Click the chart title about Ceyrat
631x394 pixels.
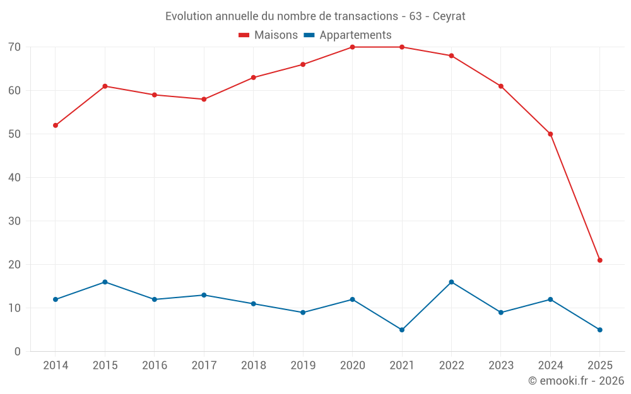315,16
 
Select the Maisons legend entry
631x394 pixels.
268,35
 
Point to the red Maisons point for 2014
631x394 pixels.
56,125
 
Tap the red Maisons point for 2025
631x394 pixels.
600,260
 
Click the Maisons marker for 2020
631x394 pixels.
352,47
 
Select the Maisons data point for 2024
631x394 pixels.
550,134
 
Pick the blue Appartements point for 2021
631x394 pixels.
402,330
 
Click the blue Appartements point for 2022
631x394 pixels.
451,282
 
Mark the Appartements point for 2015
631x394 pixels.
105,282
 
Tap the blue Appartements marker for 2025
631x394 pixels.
600,330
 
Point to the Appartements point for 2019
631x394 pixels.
303,313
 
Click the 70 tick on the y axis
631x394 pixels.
15,47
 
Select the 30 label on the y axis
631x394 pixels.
15,221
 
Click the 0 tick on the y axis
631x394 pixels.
18,352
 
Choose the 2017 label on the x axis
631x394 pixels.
204,366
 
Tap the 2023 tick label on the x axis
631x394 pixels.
501,366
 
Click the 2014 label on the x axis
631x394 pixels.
56,366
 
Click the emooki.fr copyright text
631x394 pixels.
575,381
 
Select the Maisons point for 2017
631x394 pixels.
204,100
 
